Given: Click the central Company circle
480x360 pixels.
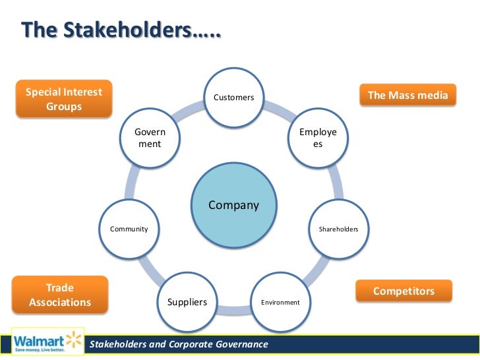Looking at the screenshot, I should tap(234, 205).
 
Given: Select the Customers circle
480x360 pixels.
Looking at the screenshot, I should tap(233, 98).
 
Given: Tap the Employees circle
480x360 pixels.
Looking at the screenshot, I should tap(318, 138).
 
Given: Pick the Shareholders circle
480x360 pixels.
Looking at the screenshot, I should tap(338, 229).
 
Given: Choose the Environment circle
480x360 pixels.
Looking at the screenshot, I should tap(280, 302).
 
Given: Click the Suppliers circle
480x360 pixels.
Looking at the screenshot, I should tap(187, 302).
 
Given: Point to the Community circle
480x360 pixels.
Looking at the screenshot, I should tap(129, 229).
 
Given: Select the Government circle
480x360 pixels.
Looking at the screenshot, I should tap(150, 138).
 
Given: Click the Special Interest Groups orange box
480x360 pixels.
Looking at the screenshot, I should tap(63, 99).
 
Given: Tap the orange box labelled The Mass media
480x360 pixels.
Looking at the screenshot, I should tap(407, 95).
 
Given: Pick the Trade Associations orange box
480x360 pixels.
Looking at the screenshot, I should tap(60, 295).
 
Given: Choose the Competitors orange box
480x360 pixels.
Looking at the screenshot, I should tap(404, 291).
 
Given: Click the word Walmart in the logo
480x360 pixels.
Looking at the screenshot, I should tap(39, 341).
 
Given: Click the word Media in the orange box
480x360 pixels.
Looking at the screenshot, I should tap(433, 95).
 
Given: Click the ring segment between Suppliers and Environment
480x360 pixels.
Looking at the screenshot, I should tap(234, 309).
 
